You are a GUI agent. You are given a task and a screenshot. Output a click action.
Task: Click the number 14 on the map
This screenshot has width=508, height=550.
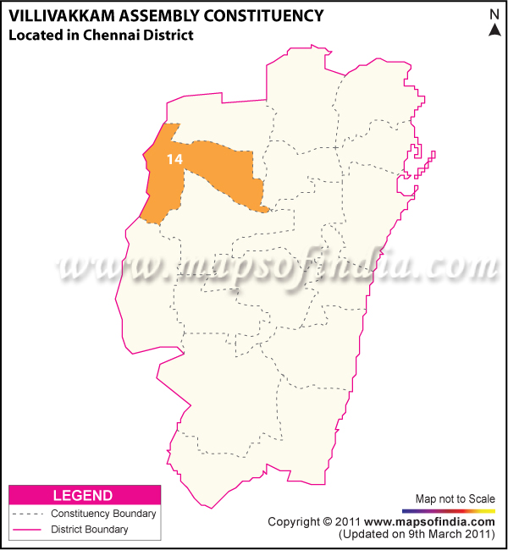click(174, 158)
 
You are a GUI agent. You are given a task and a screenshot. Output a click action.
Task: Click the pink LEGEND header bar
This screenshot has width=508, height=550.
click(84, 495)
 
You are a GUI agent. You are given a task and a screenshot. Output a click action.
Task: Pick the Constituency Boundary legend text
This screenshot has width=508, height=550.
click(103, 514)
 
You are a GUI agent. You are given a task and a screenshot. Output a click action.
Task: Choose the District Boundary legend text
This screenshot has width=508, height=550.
click(90, 530)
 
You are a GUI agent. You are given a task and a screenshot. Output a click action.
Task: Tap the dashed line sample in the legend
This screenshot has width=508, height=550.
click(28, 514)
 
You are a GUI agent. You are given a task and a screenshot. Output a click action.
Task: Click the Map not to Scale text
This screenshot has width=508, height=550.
click(455, 499)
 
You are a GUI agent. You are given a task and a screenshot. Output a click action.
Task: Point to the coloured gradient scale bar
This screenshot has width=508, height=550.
click(449, 511)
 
